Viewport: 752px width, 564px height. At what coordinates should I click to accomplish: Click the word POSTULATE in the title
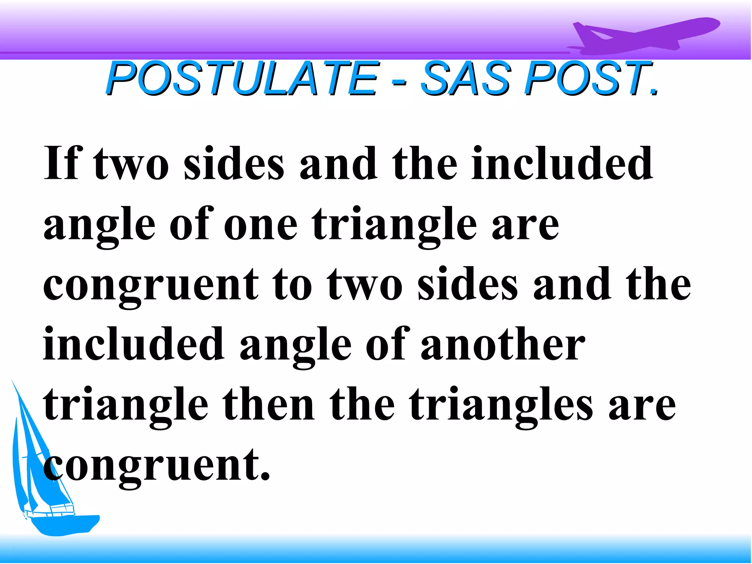click(x=242, y=79)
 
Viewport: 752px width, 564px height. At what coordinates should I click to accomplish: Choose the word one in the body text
click(x=260, y=225)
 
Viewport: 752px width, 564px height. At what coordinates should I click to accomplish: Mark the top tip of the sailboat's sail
click(x=13, y=382)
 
